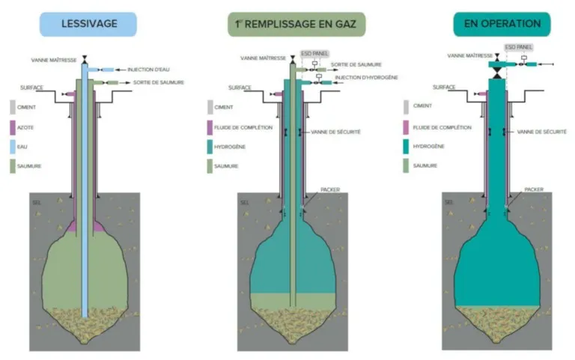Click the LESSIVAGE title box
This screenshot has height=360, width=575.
(x=88, y=24)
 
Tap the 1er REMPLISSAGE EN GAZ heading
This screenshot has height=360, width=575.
(x=296, y=24)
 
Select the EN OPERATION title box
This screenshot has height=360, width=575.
(x=502, y=24)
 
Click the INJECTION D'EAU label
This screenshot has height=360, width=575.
(x=148, y=70)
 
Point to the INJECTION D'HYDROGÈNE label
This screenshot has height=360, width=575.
(x=366, y=78)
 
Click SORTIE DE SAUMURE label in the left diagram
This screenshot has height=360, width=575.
(x=159, y=82)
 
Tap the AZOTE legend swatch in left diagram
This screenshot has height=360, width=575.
(x=13, y=127)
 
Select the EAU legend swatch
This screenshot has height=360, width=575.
(x=13, y=147)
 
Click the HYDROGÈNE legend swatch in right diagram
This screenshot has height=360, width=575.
(x=406, y=146)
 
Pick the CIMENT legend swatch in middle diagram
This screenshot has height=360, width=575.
(x=210, y=107)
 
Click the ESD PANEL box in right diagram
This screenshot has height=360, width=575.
(x=519, y=47)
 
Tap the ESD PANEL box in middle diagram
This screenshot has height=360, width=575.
(x=314, y=54)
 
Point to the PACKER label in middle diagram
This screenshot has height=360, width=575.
(x=330, y=189)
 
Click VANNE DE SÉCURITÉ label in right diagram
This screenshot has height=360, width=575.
(x=541, y=132)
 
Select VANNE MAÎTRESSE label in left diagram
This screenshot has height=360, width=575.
(x=54, y=60)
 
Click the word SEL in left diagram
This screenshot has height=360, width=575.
(x=37, y=203)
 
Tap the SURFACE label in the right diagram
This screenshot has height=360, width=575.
(x=444, y=88)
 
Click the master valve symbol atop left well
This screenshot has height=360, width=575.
(x=85, y=58)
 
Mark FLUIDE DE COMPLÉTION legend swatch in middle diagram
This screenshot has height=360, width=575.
(x=210, y=127)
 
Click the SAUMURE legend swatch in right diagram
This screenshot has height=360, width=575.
(x=406, y=165)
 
